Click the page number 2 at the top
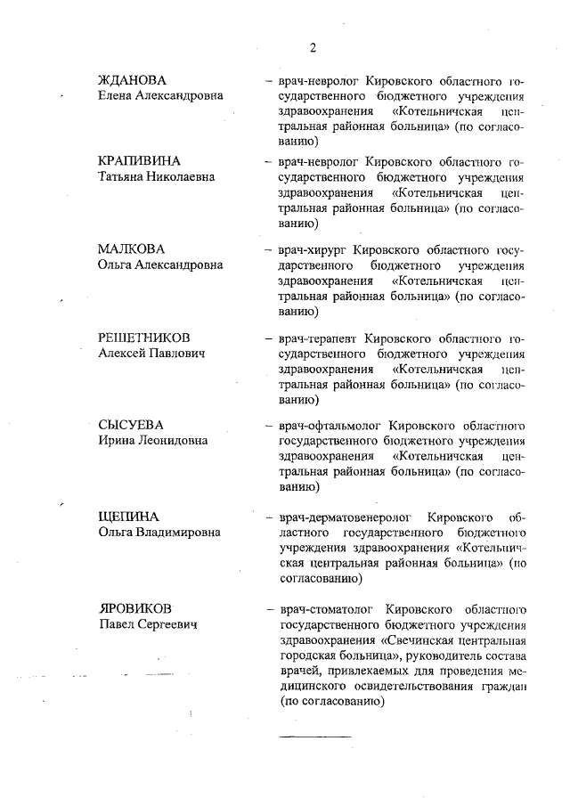[x=313, y=47]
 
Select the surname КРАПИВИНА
[x=139, y=161]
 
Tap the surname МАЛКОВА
[x=132, y=248]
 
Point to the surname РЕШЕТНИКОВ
[x=143, y=338]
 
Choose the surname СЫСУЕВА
[x=131, y=424]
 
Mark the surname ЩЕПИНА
[x=128, y=517]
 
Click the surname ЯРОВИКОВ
[x=135, y=609]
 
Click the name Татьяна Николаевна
[x=156, y=177]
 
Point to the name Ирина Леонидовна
[x=153, y=440]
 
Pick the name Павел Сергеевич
[x=147, y=624]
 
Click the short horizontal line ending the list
[x=315, y=737]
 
